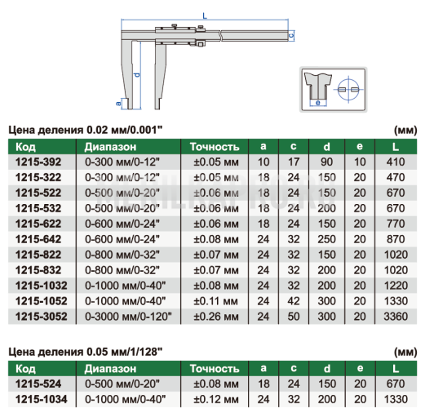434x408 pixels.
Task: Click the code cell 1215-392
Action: [38, 162]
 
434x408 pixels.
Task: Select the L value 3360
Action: [396, 317]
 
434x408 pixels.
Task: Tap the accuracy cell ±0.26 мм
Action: [216, 317]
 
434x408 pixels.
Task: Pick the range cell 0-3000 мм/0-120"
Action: [128, 317]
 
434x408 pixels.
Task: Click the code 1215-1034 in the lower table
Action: [42, 399]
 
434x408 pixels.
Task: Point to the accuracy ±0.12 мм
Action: [216, 399]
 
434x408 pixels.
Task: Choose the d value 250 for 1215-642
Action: [326, 239]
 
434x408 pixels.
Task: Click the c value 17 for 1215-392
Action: [294, 162]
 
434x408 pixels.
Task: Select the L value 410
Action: [396, 162]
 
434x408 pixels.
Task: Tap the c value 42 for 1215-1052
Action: [294, 301]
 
